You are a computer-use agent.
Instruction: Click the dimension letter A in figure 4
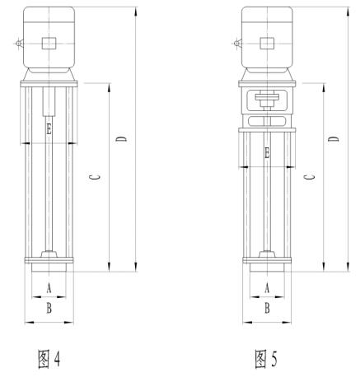click(49, 288)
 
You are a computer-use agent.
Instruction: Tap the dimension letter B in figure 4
click(49, 308)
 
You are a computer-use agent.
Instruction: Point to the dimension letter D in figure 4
click(121, 138)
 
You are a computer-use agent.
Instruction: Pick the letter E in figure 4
click(49, 129)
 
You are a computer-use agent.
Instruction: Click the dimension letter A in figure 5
click(267, 288)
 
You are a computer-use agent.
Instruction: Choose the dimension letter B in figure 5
click(267, 308)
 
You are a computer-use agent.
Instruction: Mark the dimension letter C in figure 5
click(310, 177)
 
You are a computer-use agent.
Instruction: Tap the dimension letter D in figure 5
click(334, 138)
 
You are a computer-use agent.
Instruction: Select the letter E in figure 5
click(267, 153)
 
